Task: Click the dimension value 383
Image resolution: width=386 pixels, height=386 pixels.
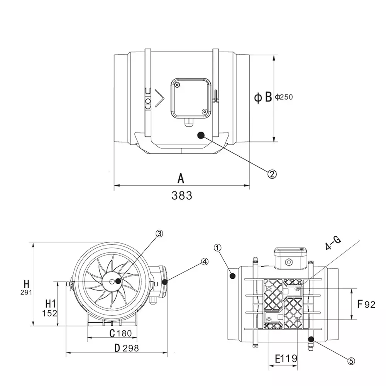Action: [x=182, y=195]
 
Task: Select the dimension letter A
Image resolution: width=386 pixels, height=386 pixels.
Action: [x=181, y=178]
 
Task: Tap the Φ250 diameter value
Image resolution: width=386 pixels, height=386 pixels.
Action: [x=284, y=97]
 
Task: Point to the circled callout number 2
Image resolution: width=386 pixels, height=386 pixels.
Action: [x=272, y=174]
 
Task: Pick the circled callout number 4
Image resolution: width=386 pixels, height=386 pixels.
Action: [x=205, y=261]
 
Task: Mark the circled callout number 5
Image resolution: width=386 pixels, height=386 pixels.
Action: [x=351, y=361]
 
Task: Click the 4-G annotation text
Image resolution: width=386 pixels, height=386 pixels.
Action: [x=333, y=244]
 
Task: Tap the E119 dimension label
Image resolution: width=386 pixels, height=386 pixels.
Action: [x=286, y=359]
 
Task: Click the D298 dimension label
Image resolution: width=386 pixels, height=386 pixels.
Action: [x=127, y=348]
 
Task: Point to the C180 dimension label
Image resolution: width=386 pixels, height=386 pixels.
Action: [x=120, y=333]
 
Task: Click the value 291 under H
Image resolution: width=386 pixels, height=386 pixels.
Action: [x=26, y=293]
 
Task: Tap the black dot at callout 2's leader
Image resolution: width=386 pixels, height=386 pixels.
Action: [x=201, y=135]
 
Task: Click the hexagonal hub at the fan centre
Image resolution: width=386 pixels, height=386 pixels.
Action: [x=112, y=281]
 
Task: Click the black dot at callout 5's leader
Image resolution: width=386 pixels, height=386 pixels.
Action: [x=311, y=339]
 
